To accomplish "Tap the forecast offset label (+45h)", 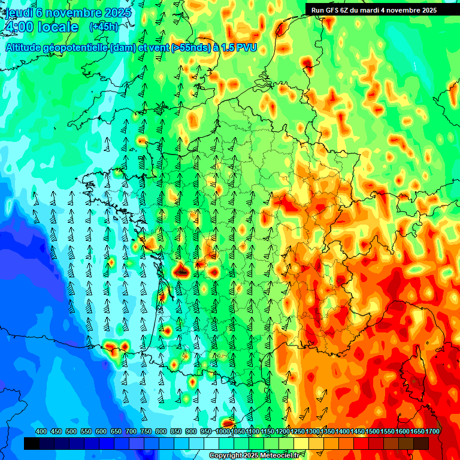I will pos(104,27).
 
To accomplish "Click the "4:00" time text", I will pos(19,27).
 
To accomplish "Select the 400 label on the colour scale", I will pos(41,432).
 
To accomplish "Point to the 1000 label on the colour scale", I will pos(223,432).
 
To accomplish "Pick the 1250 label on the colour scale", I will pos(298,432).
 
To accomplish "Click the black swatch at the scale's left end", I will pos(32,444).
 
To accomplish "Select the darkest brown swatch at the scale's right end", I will pos(421,444).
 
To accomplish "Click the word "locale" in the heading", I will pos(57,27).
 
